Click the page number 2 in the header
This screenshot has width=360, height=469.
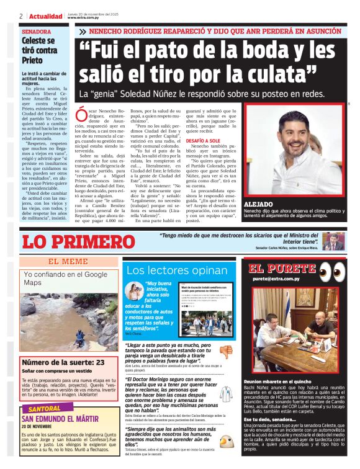(x=21, y=16)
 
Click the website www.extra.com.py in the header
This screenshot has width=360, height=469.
(x=86, y=18)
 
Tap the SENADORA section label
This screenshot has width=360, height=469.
(x=37, y=31)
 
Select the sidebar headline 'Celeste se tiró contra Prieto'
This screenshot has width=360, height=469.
(x=38, y=50)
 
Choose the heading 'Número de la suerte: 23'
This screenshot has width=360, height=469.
(x=63, y=362)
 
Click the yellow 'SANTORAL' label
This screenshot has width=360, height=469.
(x=45, y=409)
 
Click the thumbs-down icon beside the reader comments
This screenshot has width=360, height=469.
(x=227, y=351)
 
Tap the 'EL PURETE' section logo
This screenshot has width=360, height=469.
(x=282, y=269)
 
